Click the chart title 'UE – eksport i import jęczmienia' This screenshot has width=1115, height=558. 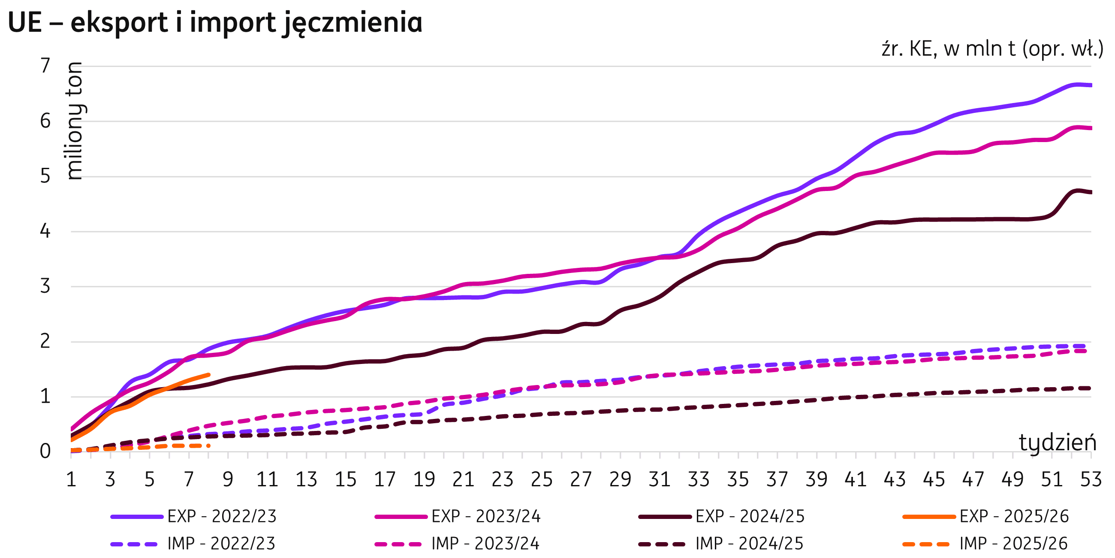coord(215,22)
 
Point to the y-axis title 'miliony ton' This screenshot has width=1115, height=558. coord(75,121)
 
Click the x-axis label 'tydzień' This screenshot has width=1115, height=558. coord(1057,443)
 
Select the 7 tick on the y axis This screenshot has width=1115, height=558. coord(45,66)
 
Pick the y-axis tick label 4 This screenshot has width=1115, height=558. coord(45,232)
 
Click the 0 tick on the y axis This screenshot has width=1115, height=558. coord(45,452)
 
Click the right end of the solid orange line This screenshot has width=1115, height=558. coord(208,374)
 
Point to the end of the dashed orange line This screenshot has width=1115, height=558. coord(208,446)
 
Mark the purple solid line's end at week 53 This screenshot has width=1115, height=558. coord(1090,85)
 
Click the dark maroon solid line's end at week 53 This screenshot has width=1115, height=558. coord(1090,192)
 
